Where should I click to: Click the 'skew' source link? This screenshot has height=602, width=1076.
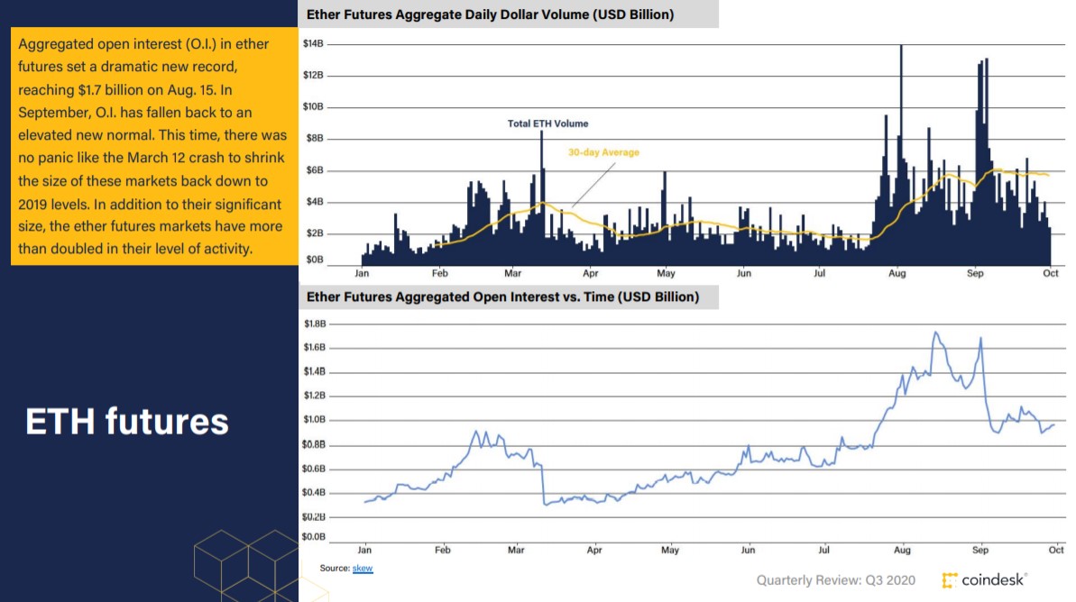pyautogui.click(x=363, y=569)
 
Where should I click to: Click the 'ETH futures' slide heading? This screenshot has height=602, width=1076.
pyautogui.click(x=127, y=422)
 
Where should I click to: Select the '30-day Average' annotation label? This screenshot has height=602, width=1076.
pyautogui.click(x=603, y=152)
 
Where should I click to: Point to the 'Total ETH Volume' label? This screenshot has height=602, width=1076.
pyautogui.click(x=547, y=123)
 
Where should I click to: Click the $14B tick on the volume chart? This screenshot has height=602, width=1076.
pyautogui.click(x=313, y=43)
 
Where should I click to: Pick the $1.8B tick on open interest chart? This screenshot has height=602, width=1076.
pyautogui.click(x=315, y=323)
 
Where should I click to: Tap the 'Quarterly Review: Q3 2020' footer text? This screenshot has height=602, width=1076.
pyautogui.click(x=837, y=580)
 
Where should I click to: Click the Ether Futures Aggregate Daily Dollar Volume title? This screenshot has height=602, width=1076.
pyautogui.click(x=490, y=14)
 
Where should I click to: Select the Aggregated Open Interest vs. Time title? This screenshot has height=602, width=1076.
pyautogui.click(x=502, y=296)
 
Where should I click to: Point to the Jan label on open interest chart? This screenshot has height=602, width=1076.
pyautogui.click(x=364, y=549)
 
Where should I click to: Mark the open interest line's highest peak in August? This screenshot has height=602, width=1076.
pyautogui.click(x=935, y=333)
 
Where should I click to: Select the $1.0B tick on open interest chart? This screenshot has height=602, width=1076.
pyautogui.click(x=315, y=420)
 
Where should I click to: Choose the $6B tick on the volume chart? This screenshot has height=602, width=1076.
pyautogui.click(x=315, y=170)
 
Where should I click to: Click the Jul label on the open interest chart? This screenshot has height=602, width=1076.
pyautogui.click(x=824, y=549)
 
